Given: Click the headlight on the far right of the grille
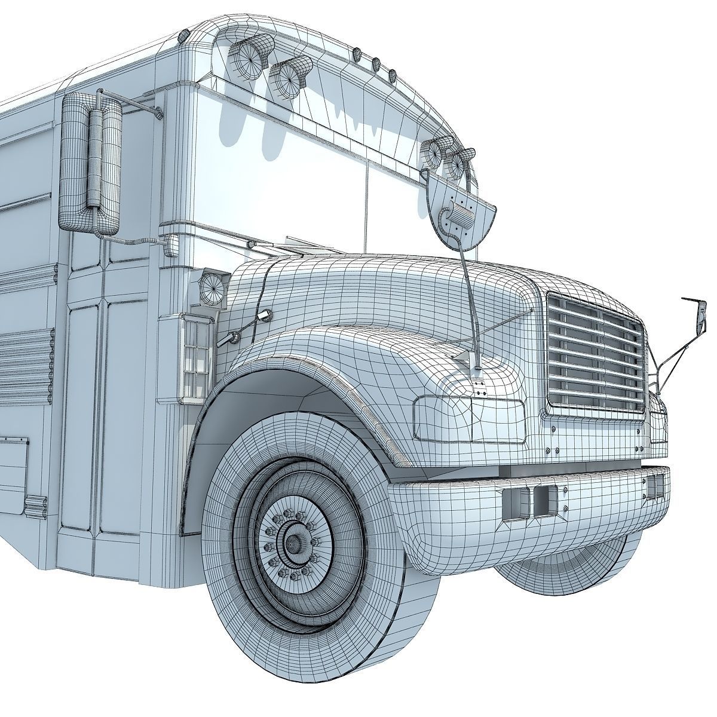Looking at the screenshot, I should click(658, 421).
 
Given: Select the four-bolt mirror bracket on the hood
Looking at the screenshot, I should click(477, 385).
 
